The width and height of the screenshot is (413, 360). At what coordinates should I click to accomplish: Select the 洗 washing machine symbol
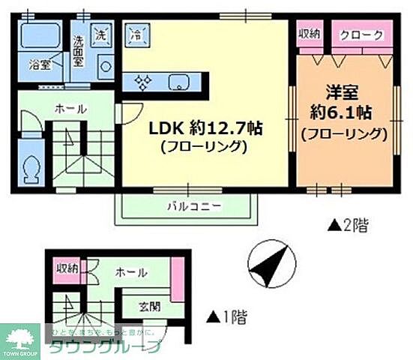(100, 33)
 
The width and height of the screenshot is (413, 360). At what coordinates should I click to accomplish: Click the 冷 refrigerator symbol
(136, 34)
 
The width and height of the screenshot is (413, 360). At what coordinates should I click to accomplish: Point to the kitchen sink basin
(179, 82)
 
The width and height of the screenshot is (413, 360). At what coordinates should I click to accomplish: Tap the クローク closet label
(362, 35)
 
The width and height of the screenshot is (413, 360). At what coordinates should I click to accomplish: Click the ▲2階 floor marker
(347, 224)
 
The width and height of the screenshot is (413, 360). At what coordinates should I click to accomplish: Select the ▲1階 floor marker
(226, 315)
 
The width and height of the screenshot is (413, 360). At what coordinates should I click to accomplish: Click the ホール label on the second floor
(71, 109)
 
